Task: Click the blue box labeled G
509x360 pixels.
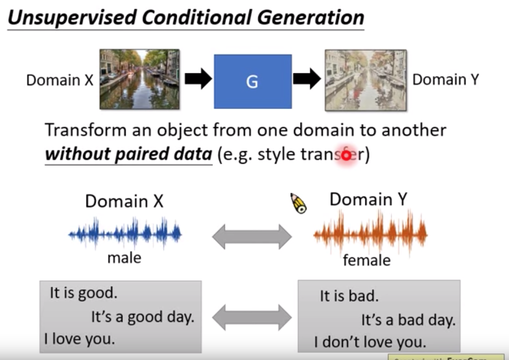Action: click(x=252, y=81)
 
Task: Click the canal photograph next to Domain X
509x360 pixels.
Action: click(x=139, y=79)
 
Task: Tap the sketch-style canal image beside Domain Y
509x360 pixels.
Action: click(x=365, y=80)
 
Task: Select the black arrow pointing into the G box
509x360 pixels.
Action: click(x=198, y=79)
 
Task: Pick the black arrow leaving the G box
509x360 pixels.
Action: click(x=307, y=79)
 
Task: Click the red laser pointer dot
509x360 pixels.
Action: click(x=346, y=155)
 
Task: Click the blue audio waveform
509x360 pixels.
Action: click(x=125, y=234)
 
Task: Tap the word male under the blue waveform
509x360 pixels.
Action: click(x=124, y=257)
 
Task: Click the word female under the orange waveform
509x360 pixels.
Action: click(x=367, y=259)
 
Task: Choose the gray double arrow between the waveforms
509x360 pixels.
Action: click(x=252, y=237)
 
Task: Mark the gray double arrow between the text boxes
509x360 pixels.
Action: click(x=252, y=317)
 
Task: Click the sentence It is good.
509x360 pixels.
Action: click(x=83, y=293)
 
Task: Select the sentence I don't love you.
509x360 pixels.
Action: click(x=370, y=341)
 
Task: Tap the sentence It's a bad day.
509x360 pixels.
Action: click(x=408, y=320)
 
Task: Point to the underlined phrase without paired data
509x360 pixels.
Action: click(x=128, y=154)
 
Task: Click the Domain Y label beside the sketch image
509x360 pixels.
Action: click(x=445, y=80)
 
